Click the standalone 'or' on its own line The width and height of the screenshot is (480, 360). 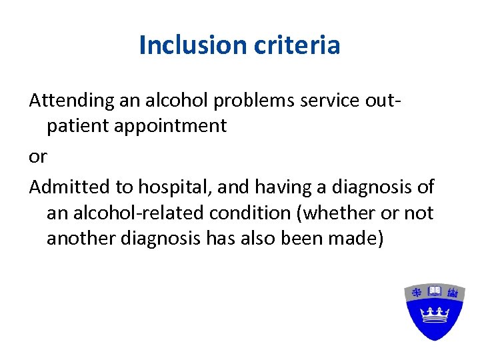[x=38, y=157]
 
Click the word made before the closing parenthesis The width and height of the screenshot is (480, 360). [x=357, y=239]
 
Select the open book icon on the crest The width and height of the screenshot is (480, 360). [x=435, y=291]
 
